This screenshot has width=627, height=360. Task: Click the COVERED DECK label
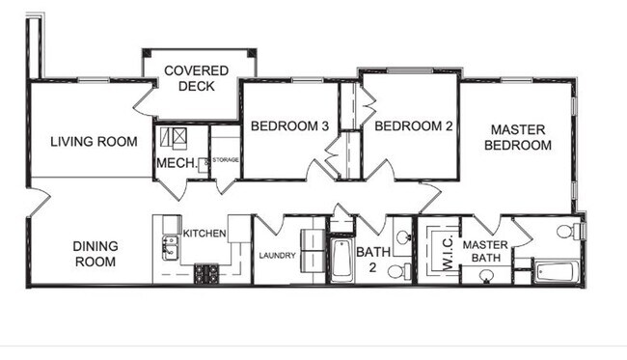(x=196, y=78)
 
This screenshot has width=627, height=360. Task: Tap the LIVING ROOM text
(x=94, y=142)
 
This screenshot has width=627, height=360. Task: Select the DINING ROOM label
(x=95, y=254)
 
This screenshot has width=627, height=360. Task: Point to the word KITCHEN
(x=204, y=233)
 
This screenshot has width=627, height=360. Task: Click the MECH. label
(x=177, y=163)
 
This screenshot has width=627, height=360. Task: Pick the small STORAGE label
(x=226, y=159)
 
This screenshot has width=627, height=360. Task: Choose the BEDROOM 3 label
(x=290, y=125)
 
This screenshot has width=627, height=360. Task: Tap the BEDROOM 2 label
(x=414, y=125)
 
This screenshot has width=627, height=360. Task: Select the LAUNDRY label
(x=276, y=256)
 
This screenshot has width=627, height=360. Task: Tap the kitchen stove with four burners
(x=206, y=273)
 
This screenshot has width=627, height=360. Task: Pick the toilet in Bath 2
(x=395, y=272)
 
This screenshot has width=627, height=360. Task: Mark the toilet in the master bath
(x=576, y=232)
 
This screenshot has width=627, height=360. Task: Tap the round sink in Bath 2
(x=401, y=237)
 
